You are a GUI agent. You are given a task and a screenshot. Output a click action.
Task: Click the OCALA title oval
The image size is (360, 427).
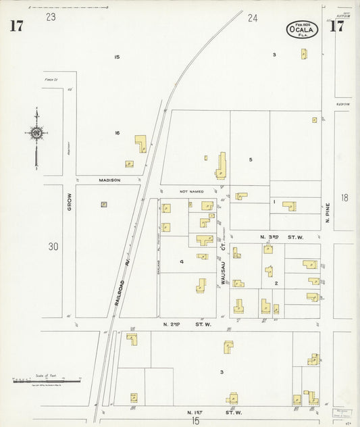(301, 29)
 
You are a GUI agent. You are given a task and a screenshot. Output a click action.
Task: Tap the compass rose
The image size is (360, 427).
(36, 133)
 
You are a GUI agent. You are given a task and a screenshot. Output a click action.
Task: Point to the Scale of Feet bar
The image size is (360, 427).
(46, 382)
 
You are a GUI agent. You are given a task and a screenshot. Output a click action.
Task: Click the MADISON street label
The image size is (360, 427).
(109, 180)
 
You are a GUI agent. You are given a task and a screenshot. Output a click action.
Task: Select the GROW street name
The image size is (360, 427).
(69, 204)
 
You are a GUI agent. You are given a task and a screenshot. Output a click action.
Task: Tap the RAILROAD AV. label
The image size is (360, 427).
(122, 284)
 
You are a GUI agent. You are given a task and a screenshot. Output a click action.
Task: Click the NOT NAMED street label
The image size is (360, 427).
(191, 192)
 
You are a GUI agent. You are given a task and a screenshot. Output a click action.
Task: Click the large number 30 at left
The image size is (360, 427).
(53, 247)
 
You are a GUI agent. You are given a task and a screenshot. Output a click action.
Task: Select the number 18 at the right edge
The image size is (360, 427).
(344, 197)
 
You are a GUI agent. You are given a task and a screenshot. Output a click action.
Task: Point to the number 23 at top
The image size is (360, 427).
(51, 17)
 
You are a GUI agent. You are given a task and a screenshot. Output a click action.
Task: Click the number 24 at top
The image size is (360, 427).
(253, 18)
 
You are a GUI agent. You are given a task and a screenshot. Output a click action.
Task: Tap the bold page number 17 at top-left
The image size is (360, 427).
(16, 26)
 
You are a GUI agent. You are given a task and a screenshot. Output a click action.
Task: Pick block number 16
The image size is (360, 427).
(117, 133)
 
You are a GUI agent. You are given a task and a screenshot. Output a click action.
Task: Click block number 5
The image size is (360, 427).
(250, 159)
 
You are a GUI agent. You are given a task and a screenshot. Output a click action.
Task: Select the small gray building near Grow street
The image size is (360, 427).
(104, 204)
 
